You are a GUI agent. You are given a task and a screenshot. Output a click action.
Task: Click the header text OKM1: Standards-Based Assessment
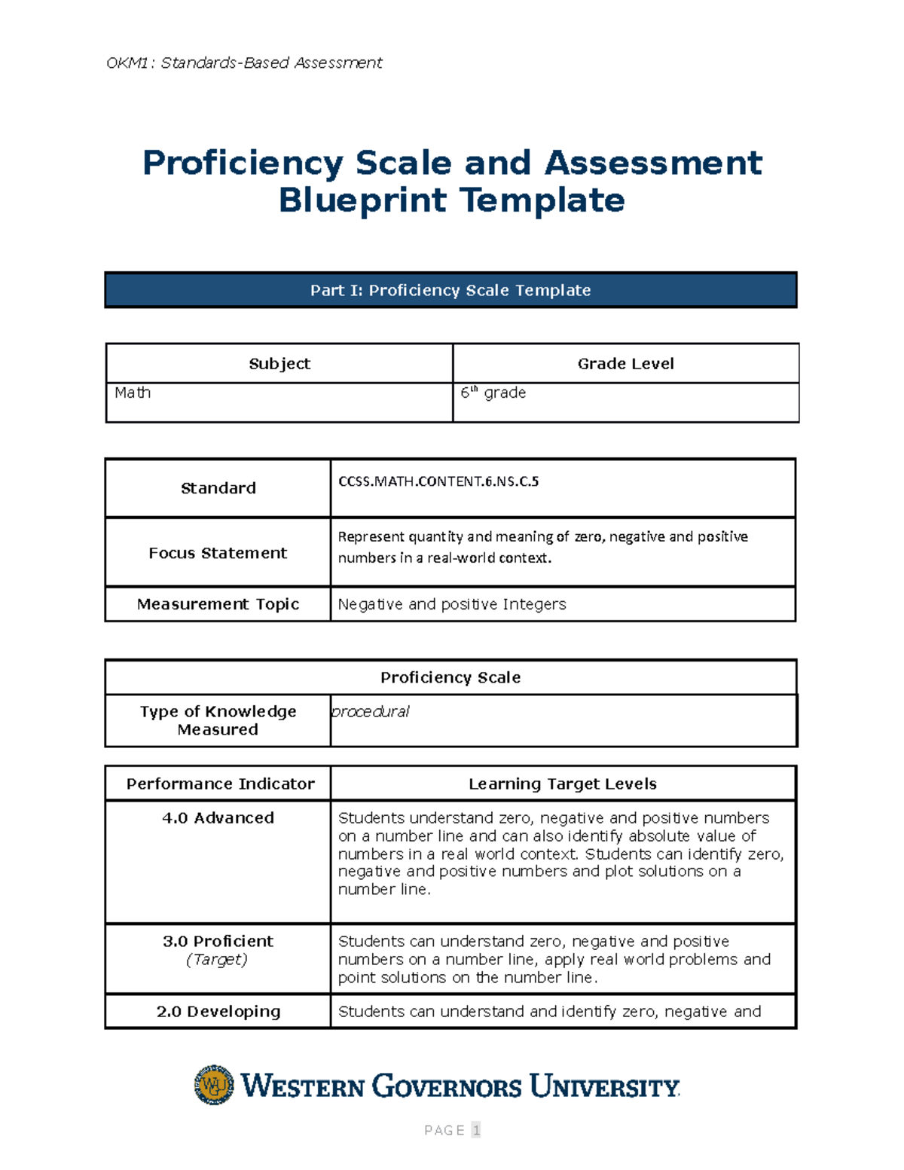click(x=244, y=63)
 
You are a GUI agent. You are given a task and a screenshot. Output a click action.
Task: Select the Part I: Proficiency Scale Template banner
click(x=450, y=290)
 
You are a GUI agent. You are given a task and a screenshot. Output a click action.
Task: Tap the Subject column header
click(x=279, y=364)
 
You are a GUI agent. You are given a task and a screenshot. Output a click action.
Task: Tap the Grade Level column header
click(x=625, y=364)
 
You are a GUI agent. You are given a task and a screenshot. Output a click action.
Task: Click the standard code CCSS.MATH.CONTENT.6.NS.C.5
click(x=438, y=481)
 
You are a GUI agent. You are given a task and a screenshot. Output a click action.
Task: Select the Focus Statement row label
click(x=218, y=553)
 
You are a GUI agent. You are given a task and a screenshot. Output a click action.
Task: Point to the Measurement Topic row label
click(x=218, y=604)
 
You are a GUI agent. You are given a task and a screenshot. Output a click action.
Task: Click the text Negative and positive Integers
click(x=452, y=604)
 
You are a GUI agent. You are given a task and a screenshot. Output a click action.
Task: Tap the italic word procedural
click(x=371, y=711)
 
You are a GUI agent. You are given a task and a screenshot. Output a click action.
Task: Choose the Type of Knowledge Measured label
click(x=218, y=720)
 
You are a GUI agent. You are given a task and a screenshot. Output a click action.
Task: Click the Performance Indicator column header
click(x=220, y=784)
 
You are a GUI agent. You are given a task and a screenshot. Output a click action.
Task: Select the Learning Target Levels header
click(x=563, y=784)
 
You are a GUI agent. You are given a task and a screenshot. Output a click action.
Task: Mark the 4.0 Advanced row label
click(x=218, y=818)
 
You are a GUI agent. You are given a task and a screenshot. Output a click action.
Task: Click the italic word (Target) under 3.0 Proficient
click(x=217, y=959)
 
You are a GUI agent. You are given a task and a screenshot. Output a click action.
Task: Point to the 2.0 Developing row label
click(x=218, y=1012)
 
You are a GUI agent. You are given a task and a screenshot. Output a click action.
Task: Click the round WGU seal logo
click(x=214, y=1085)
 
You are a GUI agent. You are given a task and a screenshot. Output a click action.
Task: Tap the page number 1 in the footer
click(x=475, y=1130)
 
